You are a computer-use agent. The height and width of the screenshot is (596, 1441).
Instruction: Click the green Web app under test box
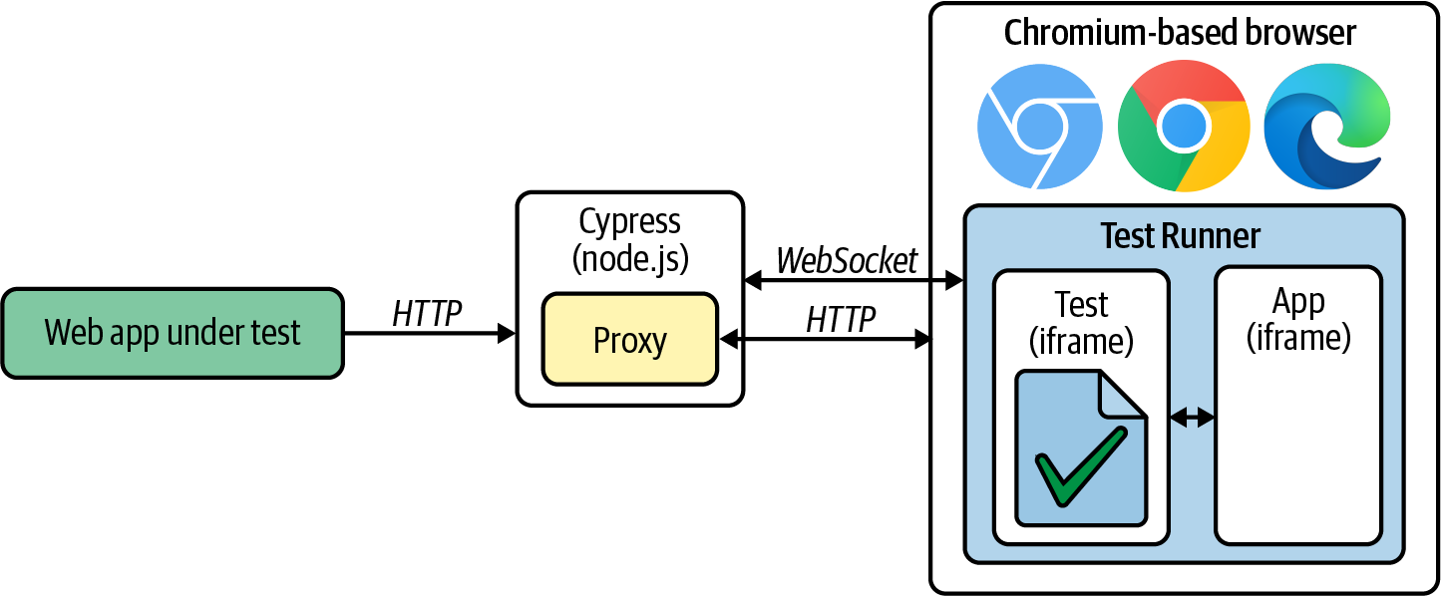pyautogui.click(x=172, y=333)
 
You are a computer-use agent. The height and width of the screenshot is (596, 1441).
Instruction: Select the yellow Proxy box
pyautogui.click(x=629, y=339)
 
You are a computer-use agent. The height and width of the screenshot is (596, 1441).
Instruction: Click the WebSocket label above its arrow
pyautogui.click(x=847, y=261)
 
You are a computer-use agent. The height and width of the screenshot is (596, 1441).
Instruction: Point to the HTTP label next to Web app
pyautogui.click(x=427, y=313)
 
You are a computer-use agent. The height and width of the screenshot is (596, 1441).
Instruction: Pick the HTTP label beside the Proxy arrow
pyautogui.click(x=841, y=319)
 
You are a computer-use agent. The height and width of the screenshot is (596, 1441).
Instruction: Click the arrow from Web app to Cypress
pyautogui.click(x=429, y=334)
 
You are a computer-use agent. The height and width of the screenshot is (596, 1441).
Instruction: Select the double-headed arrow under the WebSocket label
pyautogui.click(x=853, y=282)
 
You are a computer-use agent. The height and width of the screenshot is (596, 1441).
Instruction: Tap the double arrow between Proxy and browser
pyautogui.click(x=825, y=340)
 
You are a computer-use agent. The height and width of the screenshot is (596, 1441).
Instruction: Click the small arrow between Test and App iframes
pyautogui.click(x=1192, y=419)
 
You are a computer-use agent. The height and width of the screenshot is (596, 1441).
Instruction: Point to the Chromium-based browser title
pyautogui.click(x=1180, y=33)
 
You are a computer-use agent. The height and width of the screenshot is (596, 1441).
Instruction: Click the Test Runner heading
pyautogui.click(x=1180, y=236)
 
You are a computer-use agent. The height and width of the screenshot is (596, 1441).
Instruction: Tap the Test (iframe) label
pyautogui.click(x=1081, y=321)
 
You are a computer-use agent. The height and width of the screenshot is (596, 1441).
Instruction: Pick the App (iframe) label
pyautogui.click(x=1298, y=319)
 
